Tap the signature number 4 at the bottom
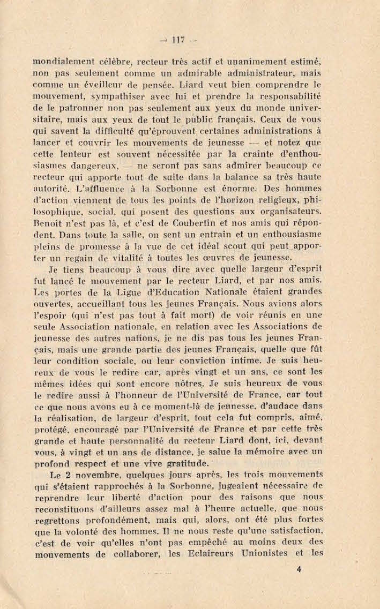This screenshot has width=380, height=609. click(299, 570)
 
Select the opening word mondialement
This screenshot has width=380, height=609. click(63, 62)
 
